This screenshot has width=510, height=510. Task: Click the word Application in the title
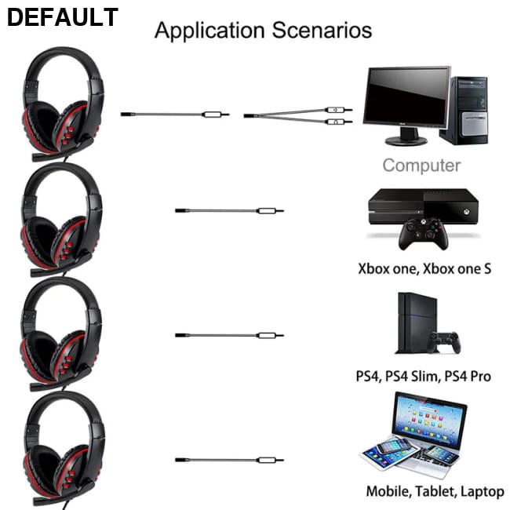tap(210, 31)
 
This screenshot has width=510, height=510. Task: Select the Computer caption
tap(421, 166)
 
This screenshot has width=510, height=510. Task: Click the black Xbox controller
tap(421, 234)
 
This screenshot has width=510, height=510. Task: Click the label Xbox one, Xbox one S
tap(424, 268)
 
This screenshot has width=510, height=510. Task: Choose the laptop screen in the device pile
tap(429, 420)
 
